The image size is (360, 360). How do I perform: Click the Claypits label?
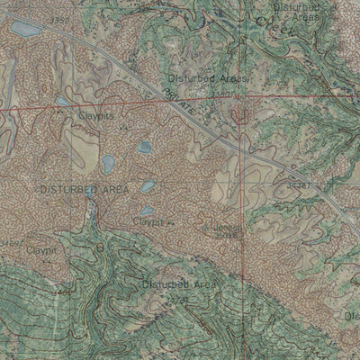tap(96, 115)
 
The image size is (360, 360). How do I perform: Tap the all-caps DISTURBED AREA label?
tap(84, 189)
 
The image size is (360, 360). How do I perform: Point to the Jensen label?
tap(228, 227)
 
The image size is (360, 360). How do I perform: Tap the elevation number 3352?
tap(60, 19)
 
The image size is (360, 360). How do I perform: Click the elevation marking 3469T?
tap(12, 243)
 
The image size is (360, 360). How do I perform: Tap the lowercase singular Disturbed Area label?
tap(180, 284)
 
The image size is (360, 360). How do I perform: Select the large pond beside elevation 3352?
tap(25, 29)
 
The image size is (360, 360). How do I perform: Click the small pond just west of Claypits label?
tap(63, 102)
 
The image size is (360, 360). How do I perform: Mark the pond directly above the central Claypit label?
tap(146, 211)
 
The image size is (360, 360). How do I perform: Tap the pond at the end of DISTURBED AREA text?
tap(148, 187)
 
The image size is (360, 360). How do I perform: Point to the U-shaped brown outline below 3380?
tap(241, 115)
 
